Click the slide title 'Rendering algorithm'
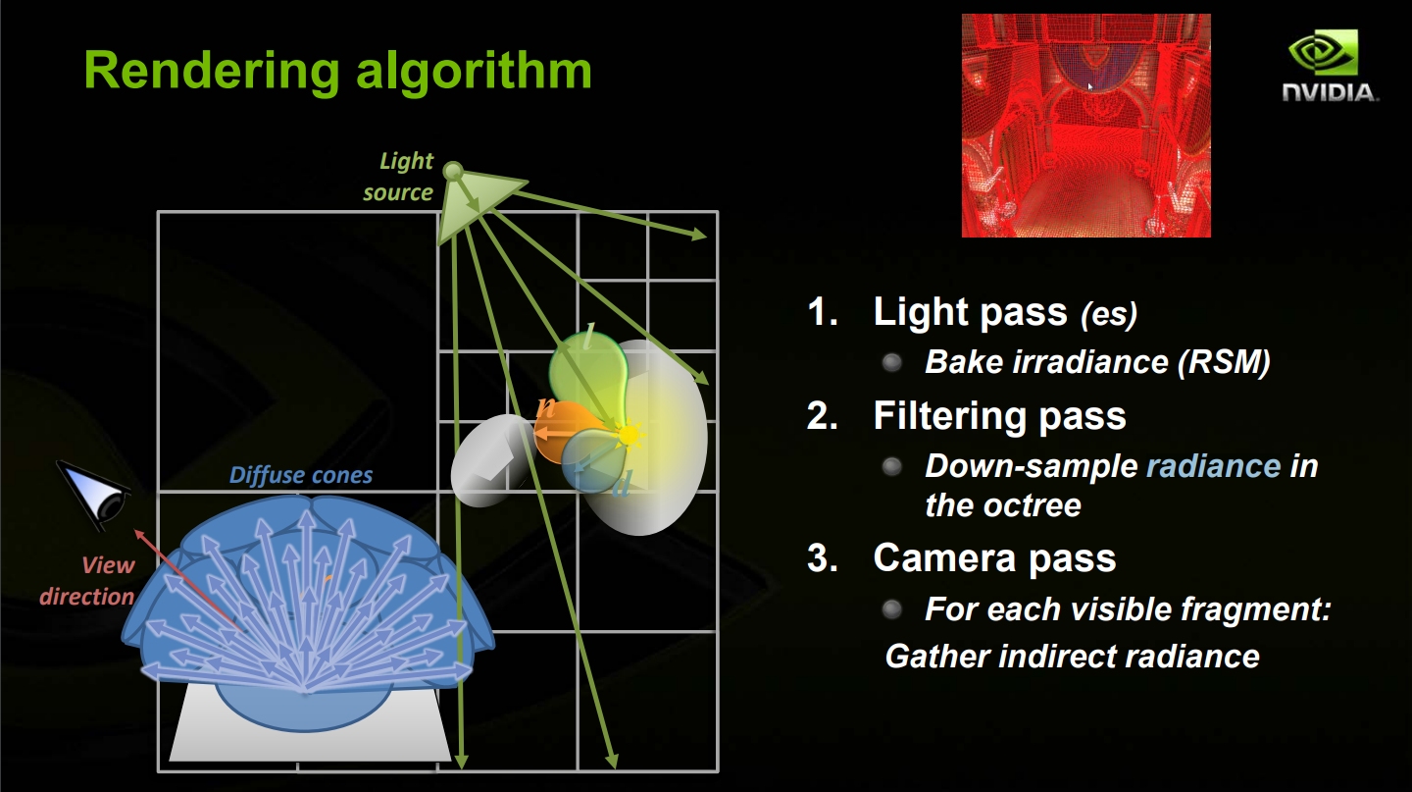[338, 71]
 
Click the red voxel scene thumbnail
[1086, 126]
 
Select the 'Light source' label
[398, 177]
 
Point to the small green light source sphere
[453, 171]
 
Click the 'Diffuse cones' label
[301, 475]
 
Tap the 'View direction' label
[87, 581]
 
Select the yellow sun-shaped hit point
[628, 435]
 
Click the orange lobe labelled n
[563, 432]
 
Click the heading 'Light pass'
[970, 312]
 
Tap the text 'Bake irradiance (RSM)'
[1097, 362]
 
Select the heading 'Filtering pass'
[999, 416]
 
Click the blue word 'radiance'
[1214, 466]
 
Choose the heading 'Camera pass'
[994, 558]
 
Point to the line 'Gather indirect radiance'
[1073, 657]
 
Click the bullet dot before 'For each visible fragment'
[892, 609]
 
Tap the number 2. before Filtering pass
[823, 416]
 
